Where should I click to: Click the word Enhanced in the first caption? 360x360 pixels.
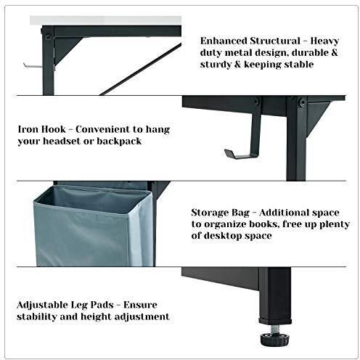pos(224,41)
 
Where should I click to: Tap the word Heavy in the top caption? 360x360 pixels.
pos(324,41)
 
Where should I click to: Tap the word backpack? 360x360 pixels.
pos(119,142)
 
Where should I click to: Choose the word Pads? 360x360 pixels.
pos(102,305)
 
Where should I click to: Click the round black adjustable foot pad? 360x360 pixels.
pos(274,339)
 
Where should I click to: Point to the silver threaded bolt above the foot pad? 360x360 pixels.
pos(274,329)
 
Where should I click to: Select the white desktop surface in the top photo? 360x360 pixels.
pos(105,20)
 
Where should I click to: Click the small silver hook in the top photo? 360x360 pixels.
pos(33,65)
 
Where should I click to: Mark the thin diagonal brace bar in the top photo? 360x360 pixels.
pos(141,69)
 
